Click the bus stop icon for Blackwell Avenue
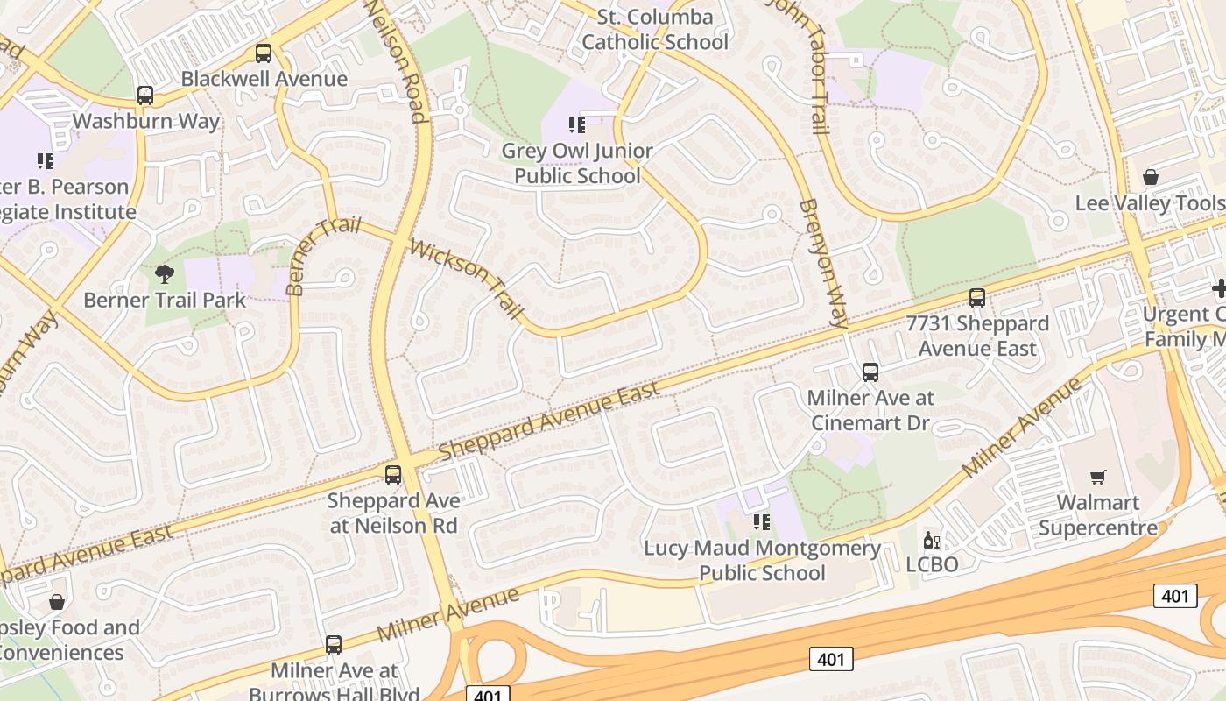coord(264,53)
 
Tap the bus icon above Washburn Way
coord(145,96)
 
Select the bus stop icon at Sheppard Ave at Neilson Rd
coord(393,475)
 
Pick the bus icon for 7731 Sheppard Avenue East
coord(977,298)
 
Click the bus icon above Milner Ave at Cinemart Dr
coord(870,372)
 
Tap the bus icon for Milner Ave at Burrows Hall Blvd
coord(334,645)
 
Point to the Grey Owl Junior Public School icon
coord(577,125)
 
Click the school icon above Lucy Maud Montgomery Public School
coord(762,523)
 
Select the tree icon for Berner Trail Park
coord(164,275)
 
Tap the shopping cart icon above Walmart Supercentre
coord(1098,478)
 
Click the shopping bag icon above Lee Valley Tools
coord(1151,177)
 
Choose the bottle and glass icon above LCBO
coord(932,540)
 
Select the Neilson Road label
coord(395,61)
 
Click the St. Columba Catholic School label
coord(655,29)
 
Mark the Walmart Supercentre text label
coord(1098,515)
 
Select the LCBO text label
coord(932,564)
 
